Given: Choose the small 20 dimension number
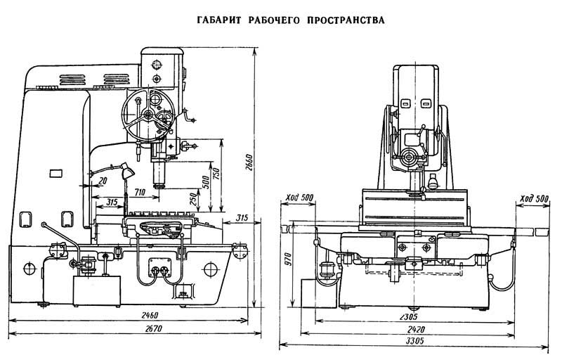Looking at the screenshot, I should tap(103, 180).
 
